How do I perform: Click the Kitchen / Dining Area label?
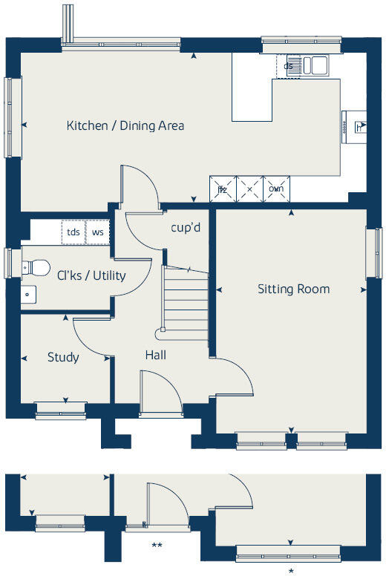tap(125, 125)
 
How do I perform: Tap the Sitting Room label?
tap(293, 289)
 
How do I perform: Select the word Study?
tap(63, 357)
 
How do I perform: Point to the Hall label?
tap(155, 356)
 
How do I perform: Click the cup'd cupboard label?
tap(186, 227)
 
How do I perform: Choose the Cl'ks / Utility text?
tap(91, 275)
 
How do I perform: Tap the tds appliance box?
tap(73, 232)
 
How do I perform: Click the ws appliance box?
tap(97, 232)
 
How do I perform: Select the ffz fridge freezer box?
tap(222, 189)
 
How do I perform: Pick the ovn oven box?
tap(276, 189)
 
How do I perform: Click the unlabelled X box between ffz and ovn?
tap(249, 189)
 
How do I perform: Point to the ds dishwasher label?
tap(288, 66)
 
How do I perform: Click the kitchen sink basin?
tap(320, 65)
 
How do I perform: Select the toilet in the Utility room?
tap(37, 266)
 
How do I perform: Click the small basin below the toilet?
tap(27, 294)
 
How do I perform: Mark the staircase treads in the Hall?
tap(184, 305)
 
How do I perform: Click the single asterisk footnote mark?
tap(291, 571)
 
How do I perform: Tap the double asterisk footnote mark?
tap(157, 546)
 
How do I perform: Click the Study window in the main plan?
tap(60, 407)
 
